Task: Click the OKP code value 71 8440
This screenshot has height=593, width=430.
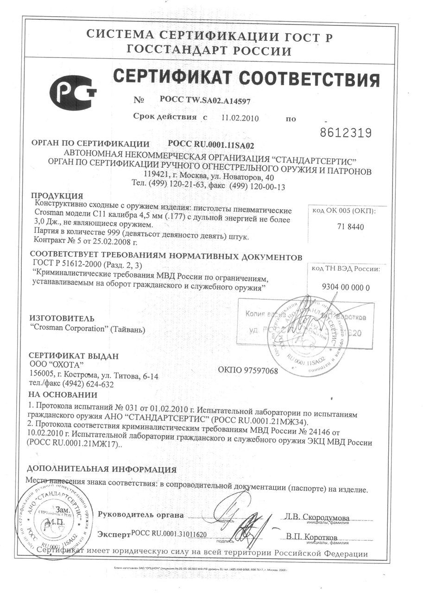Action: tap(342, 227)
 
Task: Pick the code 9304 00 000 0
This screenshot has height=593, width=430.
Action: tap(345, 287)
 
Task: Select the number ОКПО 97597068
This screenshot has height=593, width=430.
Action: tap(247, 371)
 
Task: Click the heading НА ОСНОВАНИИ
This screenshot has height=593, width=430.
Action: tap(63, 395)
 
